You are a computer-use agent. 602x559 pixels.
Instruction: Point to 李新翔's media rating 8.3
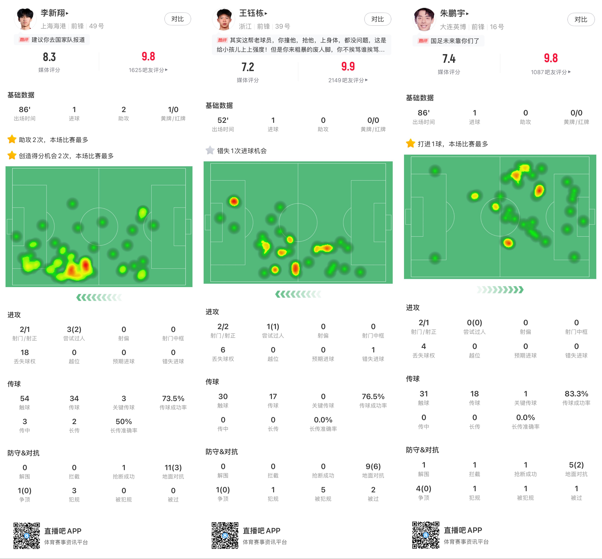tap(49, 57)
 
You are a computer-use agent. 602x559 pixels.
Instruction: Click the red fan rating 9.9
tap(348, 66)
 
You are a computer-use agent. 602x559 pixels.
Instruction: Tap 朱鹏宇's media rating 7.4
tap(449, 59)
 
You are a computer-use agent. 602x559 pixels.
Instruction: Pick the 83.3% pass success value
tap(576, 394)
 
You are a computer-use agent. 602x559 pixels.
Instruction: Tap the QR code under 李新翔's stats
tap(27, 536)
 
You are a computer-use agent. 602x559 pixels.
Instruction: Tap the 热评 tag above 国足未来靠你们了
tap(423, 41)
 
